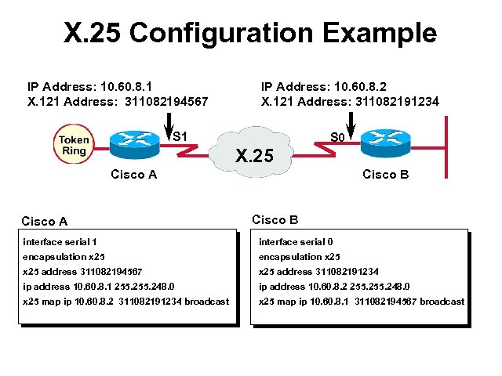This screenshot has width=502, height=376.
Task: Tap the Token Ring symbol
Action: tap(71, 145)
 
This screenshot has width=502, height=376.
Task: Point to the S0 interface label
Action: tap(337, 137)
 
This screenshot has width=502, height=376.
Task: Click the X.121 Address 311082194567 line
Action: tap(118, 101)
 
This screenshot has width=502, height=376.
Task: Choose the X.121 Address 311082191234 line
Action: tap(350, 101)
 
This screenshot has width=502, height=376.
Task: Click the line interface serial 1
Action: tap(60, 242)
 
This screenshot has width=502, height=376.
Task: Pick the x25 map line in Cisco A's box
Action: tap(125, 302)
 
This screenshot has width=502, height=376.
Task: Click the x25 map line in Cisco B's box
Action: tap(361, 302)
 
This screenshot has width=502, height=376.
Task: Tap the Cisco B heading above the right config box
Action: tap(275, 220)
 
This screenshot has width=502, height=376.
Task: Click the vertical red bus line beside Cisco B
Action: tap(446, 149)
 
